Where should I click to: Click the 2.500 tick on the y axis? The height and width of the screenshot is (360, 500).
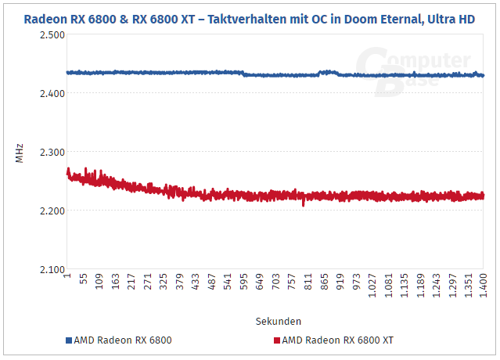pyautogui.click(x=49, y=35)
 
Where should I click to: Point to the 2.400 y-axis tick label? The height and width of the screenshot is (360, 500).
pyautogui.click(x=49, y=94)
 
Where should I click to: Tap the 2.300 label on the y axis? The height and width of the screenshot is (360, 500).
pyautogui.click(x=49, y=153)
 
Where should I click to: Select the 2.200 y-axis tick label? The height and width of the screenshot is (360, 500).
pyautogui.click(x=49, y=211)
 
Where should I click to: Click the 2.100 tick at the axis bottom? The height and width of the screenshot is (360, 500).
pyautogui.click(x=49, y=270)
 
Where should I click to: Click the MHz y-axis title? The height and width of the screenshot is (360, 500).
pyautogui.click(x=20, y=152)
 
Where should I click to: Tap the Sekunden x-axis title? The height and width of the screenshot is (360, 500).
pyautogui.click(x=278, y=322)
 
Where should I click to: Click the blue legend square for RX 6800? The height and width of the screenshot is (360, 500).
pyautogui.click(x=69, y=340)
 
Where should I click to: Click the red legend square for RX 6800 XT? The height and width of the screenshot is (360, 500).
pyautogui.click(x=276, y=340)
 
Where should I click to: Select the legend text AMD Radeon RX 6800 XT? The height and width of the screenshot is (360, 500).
pyautogui.click(x=336, y=340)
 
